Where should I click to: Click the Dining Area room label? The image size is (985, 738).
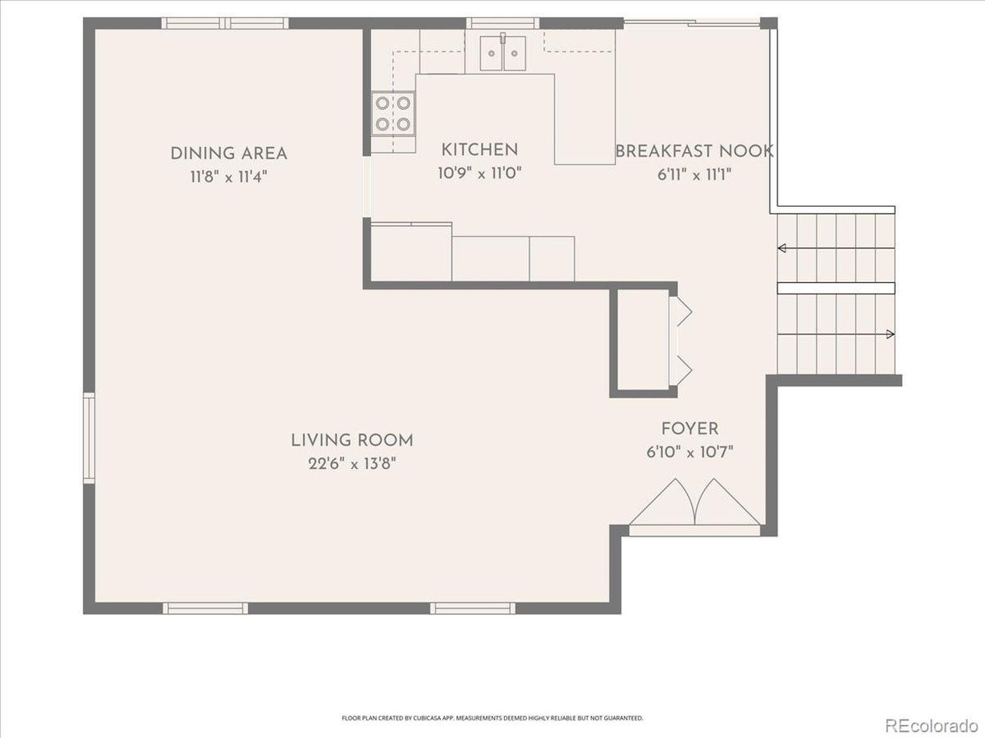(x=229, y=154)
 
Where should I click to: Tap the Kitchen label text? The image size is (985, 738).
(x=479, y=150)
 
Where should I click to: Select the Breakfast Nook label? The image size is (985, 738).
(x=694, y=151)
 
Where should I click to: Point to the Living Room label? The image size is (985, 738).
(x=352, y=440)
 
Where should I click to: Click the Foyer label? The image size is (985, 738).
(x=690, y=429)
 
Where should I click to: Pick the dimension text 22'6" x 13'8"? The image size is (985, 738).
(x=352, y=464)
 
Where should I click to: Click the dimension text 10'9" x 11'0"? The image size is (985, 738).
(x=479, y=173)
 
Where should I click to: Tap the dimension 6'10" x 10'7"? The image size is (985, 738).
(x=689, y=452)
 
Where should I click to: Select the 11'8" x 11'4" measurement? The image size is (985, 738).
(x=229, y=177)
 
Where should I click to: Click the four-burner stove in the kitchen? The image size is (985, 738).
(x=393, y=114)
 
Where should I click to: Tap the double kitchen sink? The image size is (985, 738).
(x=503, y=53)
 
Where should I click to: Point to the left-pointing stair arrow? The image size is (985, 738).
(x=836, y=248)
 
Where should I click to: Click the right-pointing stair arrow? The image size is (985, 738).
(x=836, y=334)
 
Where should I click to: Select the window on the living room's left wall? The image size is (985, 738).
(x=89, y=437)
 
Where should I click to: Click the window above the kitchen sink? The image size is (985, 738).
(x=503, y=23)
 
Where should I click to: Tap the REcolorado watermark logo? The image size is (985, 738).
(x=932, y=726)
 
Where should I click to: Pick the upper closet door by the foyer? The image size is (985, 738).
(x=680, y=311)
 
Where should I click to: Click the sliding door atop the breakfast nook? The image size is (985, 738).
(x=692, y=22)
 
